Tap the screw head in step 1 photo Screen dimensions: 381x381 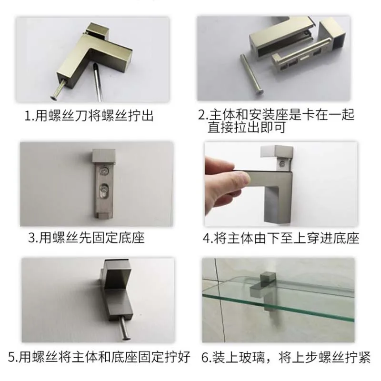[x=53, y=98]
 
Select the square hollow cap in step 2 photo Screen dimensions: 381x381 [x=334, y=37]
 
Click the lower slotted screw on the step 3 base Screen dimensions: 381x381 [x=103, y=189]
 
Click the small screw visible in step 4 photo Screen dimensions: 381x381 [x=282, y=163]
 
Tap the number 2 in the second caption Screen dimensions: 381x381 [x=202, y=115]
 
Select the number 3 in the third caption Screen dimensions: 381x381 [x=32, y=238]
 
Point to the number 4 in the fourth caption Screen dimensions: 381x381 [x=207, y=239]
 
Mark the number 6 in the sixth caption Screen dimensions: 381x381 [x=206, y=358]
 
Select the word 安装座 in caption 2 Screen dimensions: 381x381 [x=268, y=115]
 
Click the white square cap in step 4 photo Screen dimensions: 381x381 [x=267, y=151]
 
